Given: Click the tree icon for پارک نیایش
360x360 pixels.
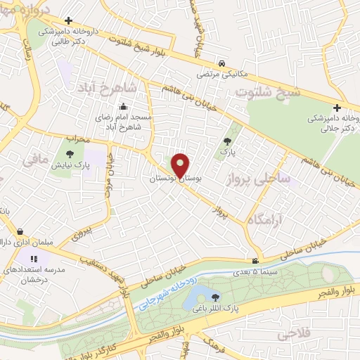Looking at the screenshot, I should point(70,154).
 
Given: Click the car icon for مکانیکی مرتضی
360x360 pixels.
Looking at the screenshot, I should point(221,63).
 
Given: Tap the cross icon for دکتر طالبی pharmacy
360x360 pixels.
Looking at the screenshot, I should point(67,22).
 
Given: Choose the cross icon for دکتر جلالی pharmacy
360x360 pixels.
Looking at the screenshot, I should point(337,108).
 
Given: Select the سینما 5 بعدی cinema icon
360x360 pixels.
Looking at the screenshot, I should point(264,262).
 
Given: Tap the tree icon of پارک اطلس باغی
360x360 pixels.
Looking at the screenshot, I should point(214,297).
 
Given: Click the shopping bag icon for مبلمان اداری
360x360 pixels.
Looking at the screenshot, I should point(20,231).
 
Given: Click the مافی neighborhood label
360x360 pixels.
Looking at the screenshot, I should point(36,160).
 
